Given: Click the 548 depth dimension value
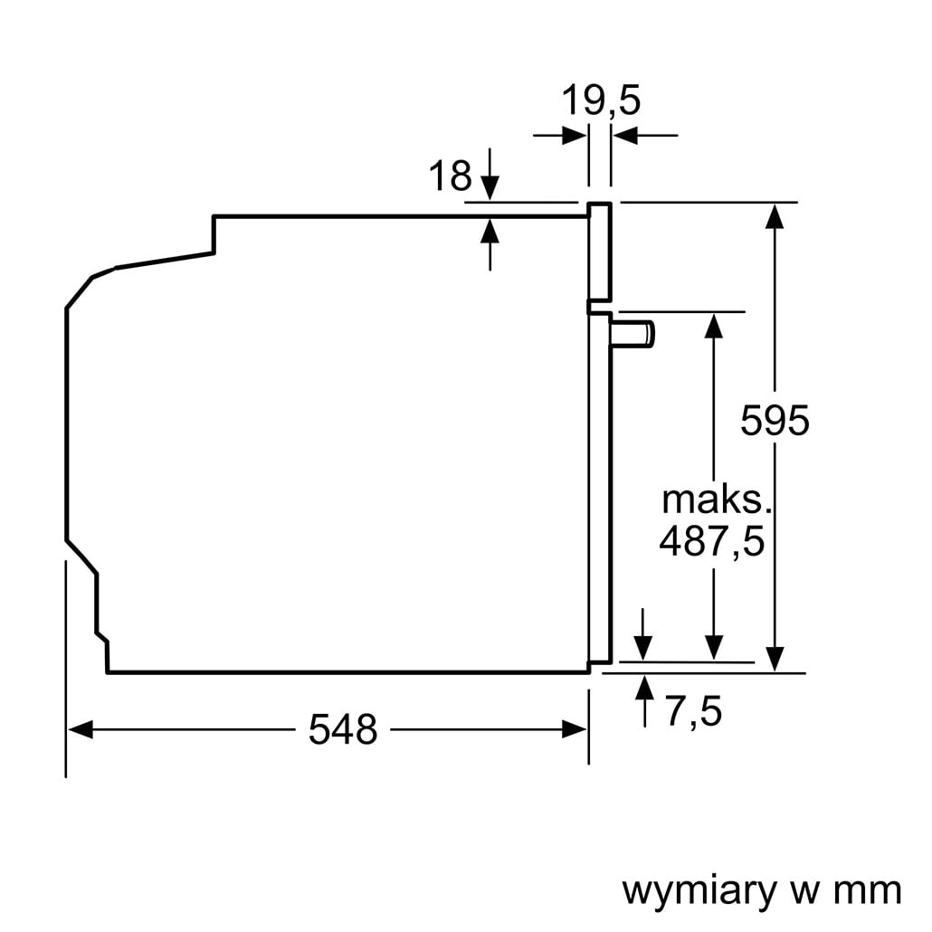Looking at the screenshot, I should click(x=342, y=728).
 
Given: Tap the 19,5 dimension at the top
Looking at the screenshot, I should click(x=601, y=100).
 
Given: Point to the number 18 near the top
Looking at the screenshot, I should click(x=450, y=176).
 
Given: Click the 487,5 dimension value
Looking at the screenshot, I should click(x=712, y=541).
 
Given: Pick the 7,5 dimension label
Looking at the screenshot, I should click(x=694, y=712).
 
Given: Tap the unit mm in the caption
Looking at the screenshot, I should click(x=869, y=890).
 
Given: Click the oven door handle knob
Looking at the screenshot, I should click(x=633, y=333).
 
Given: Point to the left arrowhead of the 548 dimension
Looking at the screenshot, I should click(x=80, y=729).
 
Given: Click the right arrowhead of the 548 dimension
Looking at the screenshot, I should click(x=576, y=729).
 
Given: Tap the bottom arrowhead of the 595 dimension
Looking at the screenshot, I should click(x=775, y=659).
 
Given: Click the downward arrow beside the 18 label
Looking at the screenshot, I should click(x=490, y=185).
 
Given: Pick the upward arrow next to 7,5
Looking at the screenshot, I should click(x=644, y=689).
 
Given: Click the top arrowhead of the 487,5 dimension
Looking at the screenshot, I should click(x=714, y=325).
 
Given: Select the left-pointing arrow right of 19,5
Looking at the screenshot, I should click(x=624, y=136).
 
